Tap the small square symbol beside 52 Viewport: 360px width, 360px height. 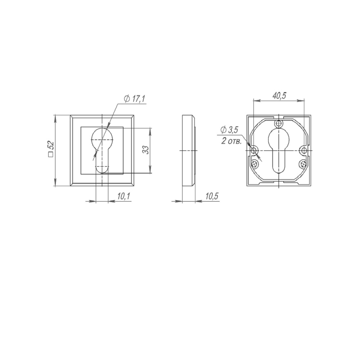pos(51,155)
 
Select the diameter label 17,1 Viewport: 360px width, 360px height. pos(138,99)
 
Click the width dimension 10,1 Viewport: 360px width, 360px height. pos(124,196)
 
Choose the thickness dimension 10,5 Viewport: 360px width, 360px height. pos(212,196)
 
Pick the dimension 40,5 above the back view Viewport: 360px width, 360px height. pos(279,96)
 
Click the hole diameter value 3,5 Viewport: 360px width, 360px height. pos(233,130)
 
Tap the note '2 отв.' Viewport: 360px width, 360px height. pos(231,141)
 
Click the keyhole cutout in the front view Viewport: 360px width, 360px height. pos(102,150)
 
